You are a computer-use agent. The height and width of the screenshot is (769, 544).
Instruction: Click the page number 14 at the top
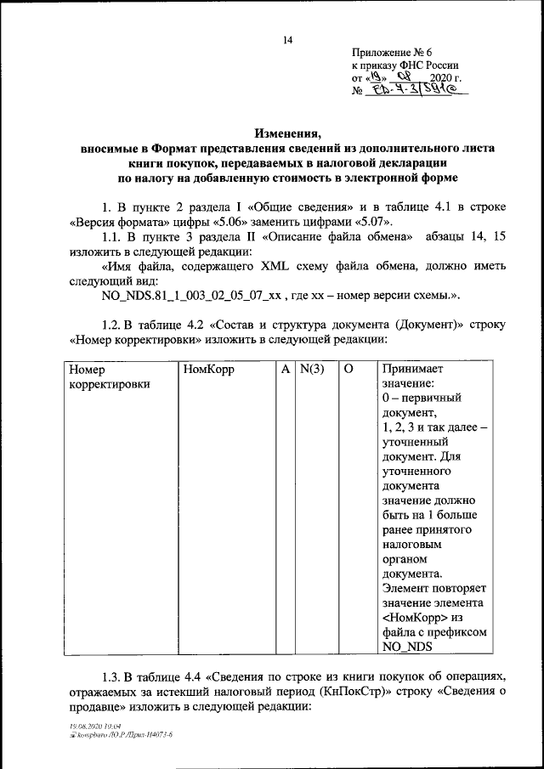(x=287, y=40)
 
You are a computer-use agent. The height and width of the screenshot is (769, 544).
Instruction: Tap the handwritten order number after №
(x=416, y=89)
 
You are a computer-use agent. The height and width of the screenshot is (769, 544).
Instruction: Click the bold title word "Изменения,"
(x=288, y=133)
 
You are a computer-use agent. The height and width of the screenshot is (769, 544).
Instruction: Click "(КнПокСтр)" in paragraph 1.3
(x=360, y=692)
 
